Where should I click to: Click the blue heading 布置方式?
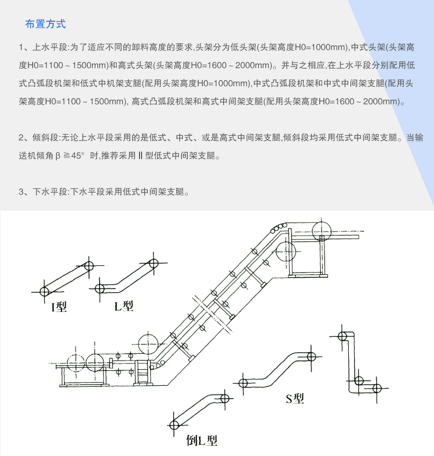click(x=45, y=24)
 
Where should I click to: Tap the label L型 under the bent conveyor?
click(x=124, y=306)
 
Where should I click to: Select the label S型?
click(x=295, y=398)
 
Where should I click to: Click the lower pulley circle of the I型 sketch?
click(x=44, y=290)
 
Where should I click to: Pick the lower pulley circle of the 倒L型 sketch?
click(x=174, y=425)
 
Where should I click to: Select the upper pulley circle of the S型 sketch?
click(x=311, y=356)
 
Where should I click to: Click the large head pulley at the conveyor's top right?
click(x=323, y=230)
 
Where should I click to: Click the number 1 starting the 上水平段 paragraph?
click(x=21, y=49)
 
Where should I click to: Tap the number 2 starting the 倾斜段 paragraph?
click(x=21, y=138)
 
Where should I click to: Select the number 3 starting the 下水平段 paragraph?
click(x=21, y=192)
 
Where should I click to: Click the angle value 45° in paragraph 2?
click(x=76, y=155)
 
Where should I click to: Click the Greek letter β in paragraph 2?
click(x=58, y=155)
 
